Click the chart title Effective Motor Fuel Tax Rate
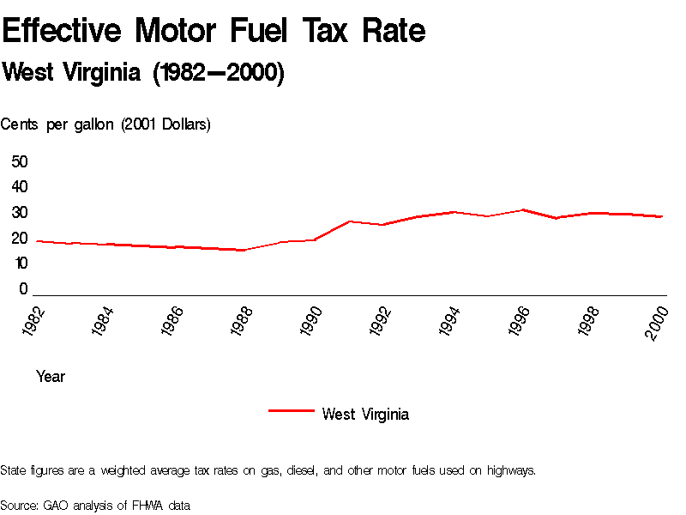coord(214,31)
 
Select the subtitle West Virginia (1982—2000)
coord(143,73)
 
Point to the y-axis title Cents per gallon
coord(105,124)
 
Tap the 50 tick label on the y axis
coord(20,161)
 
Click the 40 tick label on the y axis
coord(20,187)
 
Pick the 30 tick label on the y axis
coord(20,213)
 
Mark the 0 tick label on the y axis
coord(24,289)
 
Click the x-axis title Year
coord(51,377)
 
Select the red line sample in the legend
coord(291,410)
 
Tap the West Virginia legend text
coord(365,415)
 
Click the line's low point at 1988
coord(244,250)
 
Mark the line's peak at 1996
coord(522,209)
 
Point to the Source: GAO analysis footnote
coord(95,505)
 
